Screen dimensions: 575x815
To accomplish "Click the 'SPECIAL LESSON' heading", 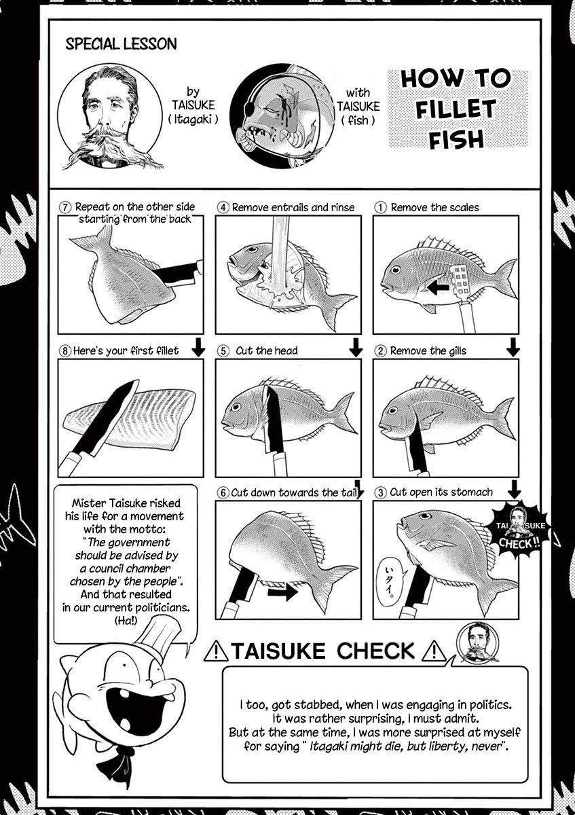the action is (121, 44).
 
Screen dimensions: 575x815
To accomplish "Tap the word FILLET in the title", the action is (456, 109).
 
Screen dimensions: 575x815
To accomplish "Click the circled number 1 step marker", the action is (380, 207).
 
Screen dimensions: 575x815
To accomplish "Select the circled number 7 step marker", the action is (64, 207).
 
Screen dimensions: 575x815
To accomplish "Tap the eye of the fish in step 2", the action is (392, 411).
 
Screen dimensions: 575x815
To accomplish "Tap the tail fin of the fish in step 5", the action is (343, 412).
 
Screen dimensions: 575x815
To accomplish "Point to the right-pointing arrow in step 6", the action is (282, 593).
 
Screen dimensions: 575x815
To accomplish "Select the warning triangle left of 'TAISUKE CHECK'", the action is (216, 651).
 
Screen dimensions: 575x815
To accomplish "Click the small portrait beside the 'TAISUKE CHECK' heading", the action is (478, 643).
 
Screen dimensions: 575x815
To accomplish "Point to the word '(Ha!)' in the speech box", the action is (126, 621).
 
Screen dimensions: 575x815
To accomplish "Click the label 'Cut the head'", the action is (267, 350).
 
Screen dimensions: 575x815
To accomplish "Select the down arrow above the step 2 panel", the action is (513, 347).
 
